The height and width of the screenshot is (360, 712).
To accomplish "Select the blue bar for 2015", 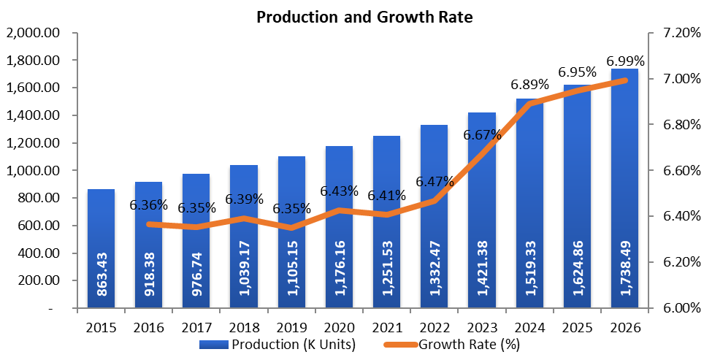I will click(101, 248).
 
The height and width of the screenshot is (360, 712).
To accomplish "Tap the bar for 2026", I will click(624, 190).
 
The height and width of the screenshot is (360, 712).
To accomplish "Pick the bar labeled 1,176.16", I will click(339, 226).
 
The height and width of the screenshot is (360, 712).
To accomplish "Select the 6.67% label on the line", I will click(482, 135).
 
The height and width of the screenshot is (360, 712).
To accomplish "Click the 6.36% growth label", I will click(149, 206).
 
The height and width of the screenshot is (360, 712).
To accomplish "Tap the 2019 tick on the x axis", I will click(291, 328).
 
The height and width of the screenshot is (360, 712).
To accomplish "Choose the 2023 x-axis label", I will click(481, 328).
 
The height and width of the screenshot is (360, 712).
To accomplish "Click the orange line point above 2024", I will click(529, 104).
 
